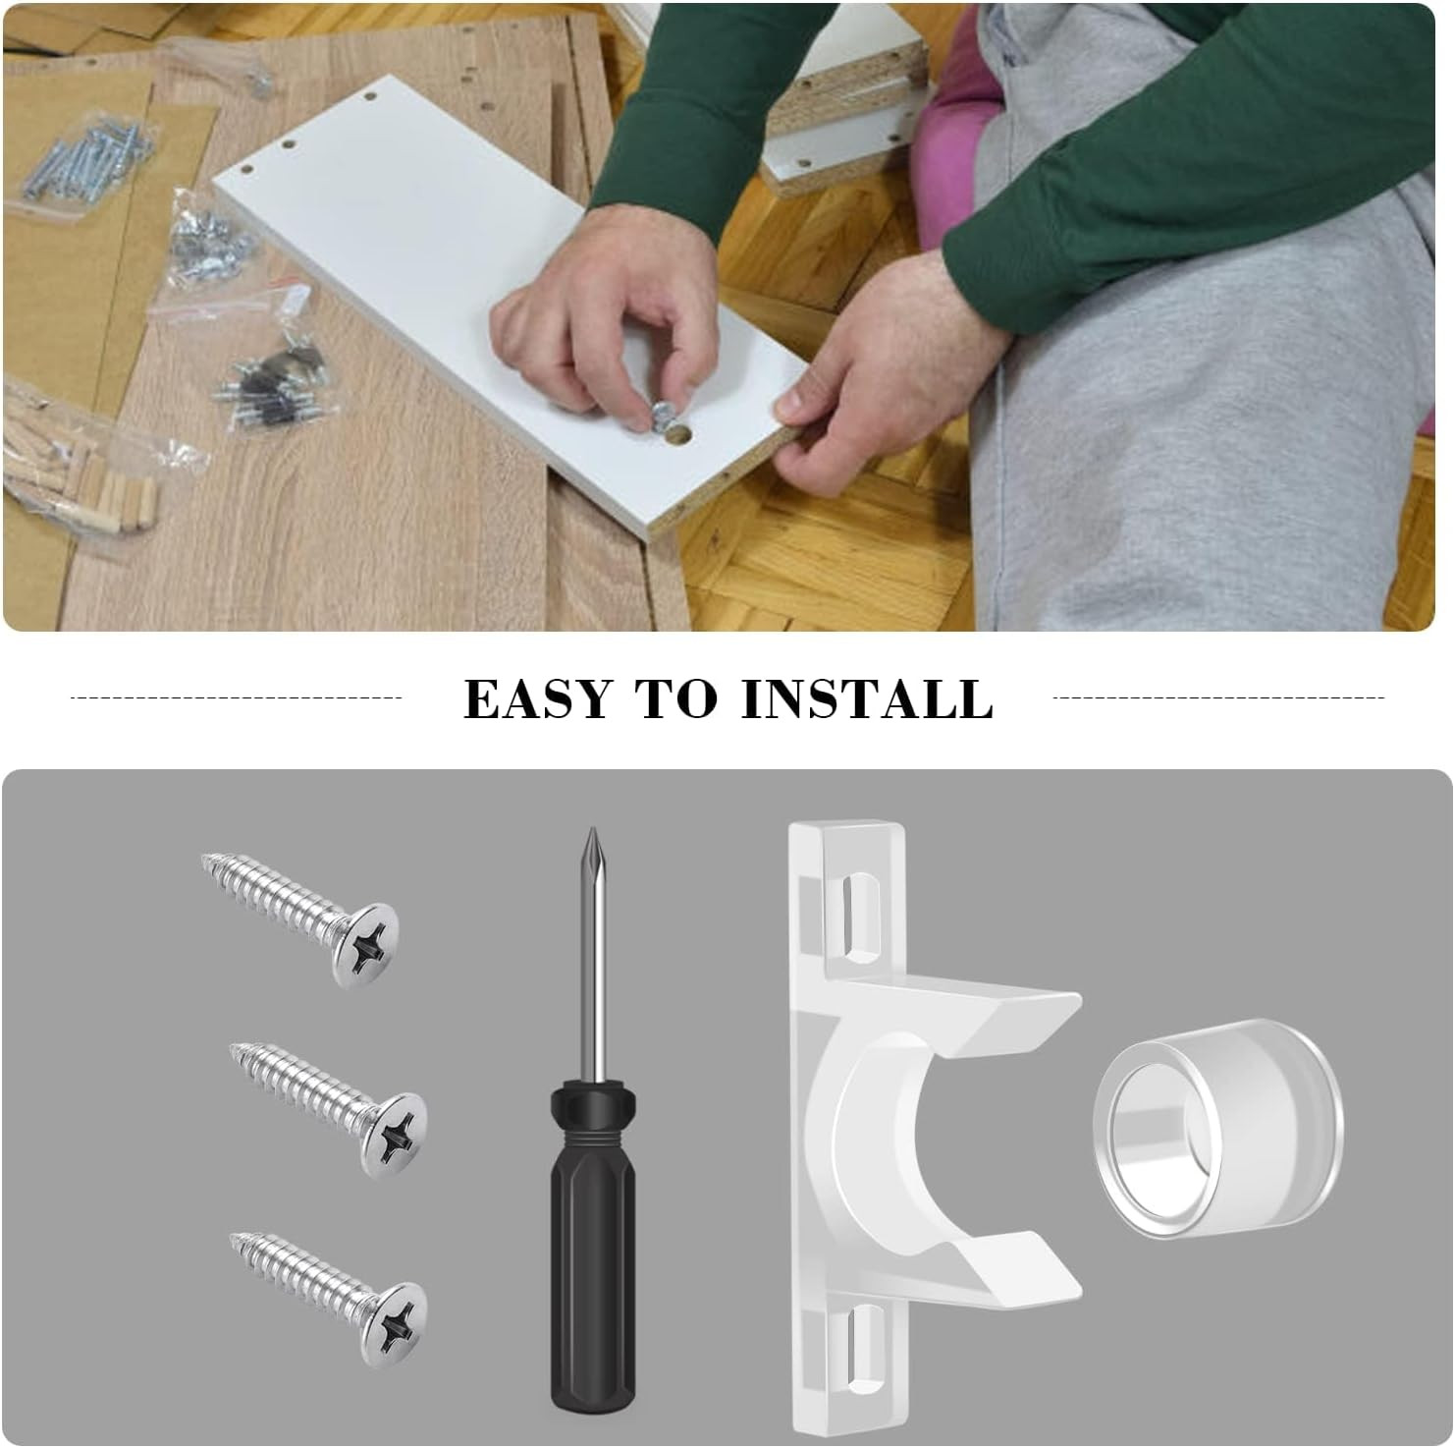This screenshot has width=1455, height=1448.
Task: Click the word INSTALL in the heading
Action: coord(868,698)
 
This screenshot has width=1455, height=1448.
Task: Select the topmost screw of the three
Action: coord(304,917)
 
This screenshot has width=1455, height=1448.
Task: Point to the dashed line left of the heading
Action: coord(237,697)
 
